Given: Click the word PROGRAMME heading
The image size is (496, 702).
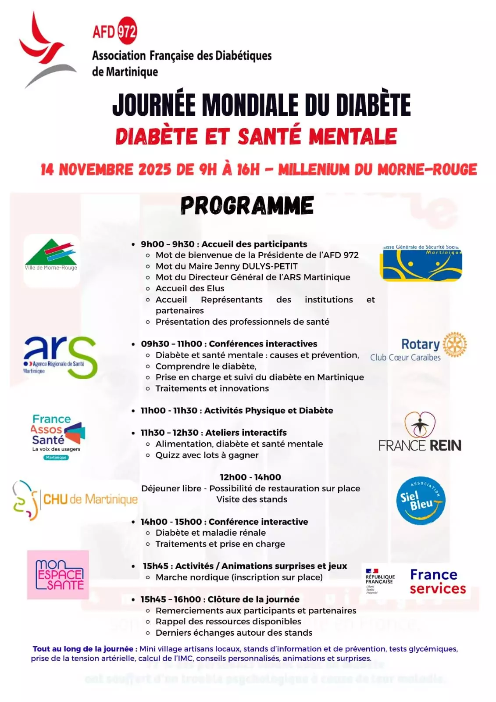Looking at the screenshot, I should click(x=247, y=205).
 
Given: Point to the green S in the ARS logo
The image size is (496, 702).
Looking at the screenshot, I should click(x=82, y=357).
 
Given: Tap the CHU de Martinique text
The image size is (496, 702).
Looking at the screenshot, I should click(x=90, y=499).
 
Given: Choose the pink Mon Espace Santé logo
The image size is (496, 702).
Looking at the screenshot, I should click(x=58, y=574).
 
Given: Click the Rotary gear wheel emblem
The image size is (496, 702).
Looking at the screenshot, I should click(x=454, y=344).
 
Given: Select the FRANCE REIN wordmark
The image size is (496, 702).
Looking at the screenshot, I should click(x=420, y=446).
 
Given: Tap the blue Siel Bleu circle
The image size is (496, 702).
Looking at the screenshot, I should click(x=421, y=501).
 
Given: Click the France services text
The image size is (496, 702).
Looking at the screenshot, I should click(x=437, y=581).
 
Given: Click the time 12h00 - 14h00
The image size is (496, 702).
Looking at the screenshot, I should click(x=250, y=477).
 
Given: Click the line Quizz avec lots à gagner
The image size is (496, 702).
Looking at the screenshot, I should click(x=207, y=455).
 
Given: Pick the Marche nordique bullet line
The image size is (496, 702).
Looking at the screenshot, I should click(x=239, y=577).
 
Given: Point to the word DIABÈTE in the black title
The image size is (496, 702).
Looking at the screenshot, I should click(x=373, y=105).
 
